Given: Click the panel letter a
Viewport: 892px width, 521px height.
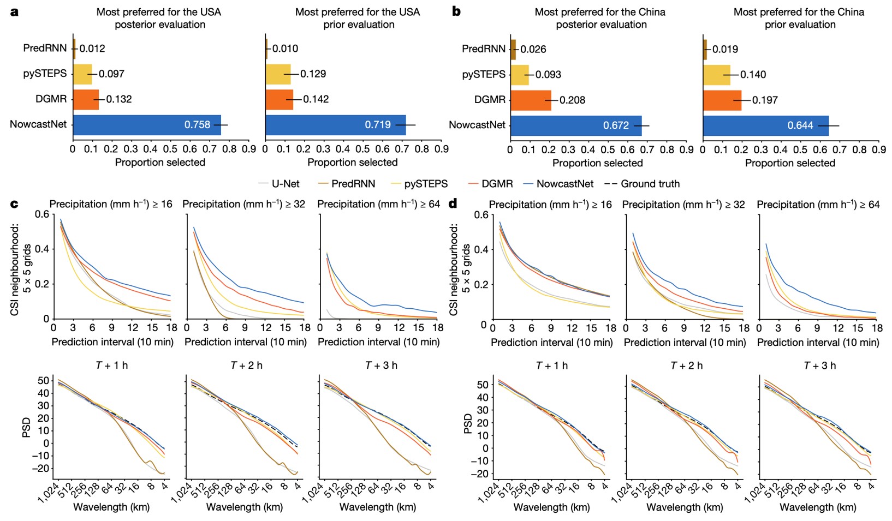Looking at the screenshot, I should pyautogui.click(x=14, y=11).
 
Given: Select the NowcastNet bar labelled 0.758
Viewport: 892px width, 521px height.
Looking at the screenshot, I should pyautogui.click(x=147, y=124).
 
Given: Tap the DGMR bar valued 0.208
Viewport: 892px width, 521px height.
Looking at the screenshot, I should pyautogui.click(x=531, y=100).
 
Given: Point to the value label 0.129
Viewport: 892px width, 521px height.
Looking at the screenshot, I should pyautogui.click(x=313, y=74).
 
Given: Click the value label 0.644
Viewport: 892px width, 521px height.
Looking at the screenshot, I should pyautogui.click(x=800, y=125).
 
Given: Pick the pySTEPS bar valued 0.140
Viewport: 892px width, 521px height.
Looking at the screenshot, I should pyautogui.click(x=716, y=75).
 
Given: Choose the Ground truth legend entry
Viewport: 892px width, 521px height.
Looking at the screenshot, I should pyautogui.click(x=643, y=184).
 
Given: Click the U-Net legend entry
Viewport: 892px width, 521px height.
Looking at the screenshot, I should pyautogui.click(x=278, y=184).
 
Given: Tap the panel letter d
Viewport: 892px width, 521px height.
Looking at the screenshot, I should pyautogui.click(x=453, y=204).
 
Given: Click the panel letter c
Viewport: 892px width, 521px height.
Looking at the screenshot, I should pyautogui.click(x=14, y=204).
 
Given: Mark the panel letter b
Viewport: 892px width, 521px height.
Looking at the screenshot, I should pyautogui.click(x=456, y=11).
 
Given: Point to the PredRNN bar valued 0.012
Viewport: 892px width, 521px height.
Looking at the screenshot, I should pyautogui.click(x=74, y=49).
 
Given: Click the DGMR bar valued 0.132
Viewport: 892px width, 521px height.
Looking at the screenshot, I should pyautogui.click(x=86, y=99).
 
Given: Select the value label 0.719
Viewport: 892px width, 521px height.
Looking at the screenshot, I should pyautogui.click(x=378, y=125).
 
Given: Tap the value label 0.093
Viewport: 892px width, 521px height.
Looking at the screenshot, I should pyautogui.click(x=548, y=75).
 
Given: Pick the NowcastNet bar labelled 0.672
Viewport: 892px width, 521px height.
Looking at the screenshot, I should pyautogui.click(x=576, y=125).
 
